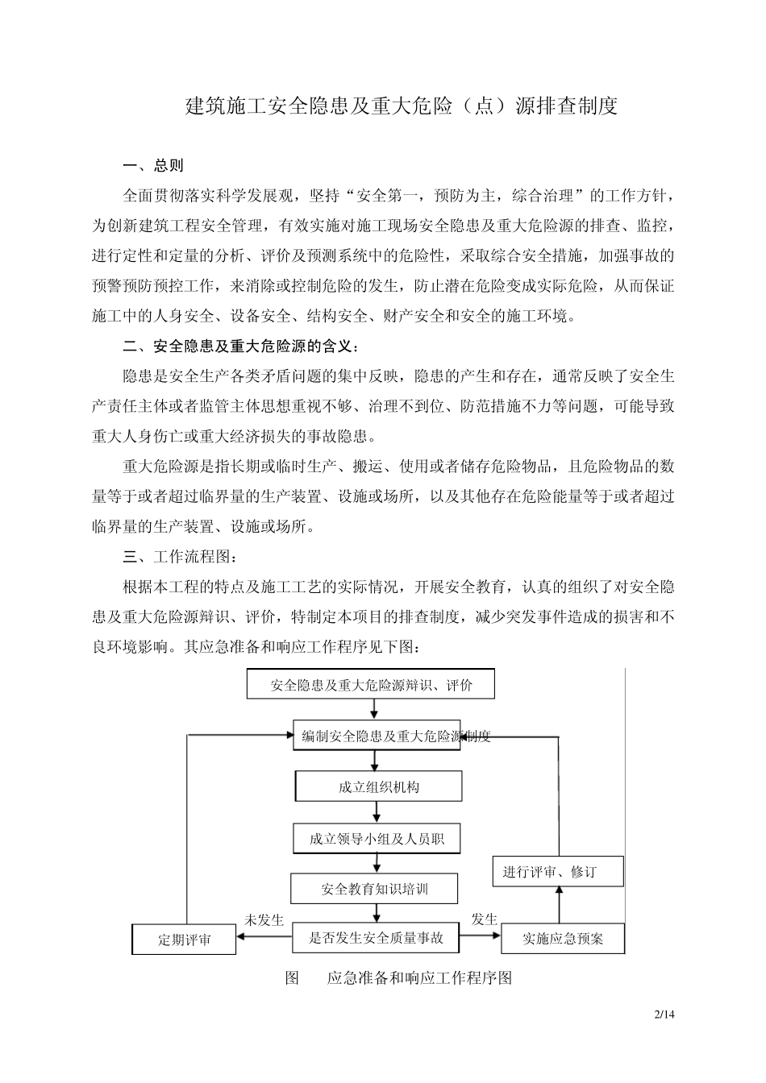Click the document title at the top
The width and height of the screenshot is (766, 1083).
pyautogui.click(x=402, y=106)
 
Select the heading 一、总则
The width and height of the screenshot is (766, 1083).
pyautogui.click(x=153, y=165)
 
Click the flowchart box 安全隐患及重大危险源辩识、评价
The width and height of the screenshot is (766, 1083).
pyautogui.click(x=370, y=685)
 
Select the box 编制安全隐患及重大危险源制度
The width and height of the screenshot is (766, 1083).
pyautogui.click(x=377, y=736)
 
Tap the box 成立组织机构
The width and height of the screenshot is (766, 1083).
pyautogui.click(x=379, y=786)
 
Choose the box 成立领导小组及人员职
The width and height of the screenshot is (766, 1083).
pyautogui.click(x=377, y=839)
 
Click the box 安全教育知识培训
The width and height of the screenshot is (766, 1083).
pyautogui.click(x=374, y=889)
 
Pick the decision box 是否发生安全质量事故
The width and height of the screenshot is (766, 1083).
pyautogui.click(x=376, y=937)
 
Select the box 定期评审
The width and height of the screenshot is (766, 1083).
pyautogui.click(x=184, y=940)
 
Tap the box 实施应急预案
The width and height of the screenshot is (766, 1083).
pyautogui.click(x=563, y=939)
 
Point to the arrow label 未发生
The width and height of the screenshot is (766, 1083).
pyautogui.click(x=264, y=919)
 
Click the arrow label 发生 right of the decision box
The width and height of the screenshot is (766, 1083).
pyautogui.click(x=484, y=919)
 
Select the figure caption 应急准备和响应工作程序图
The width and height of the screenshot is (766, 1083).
pyautogui.click(x=419, y=978)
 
